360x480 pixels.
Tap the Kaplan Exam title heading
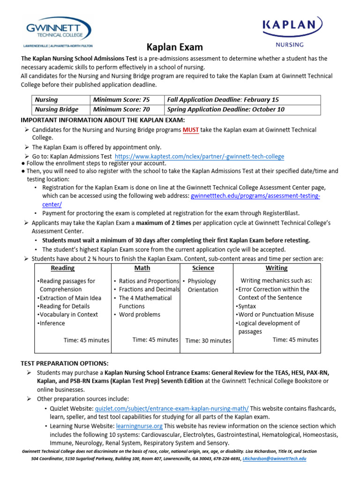(x=175, y=47)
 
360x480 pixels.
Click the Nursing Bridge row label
(x=57, y=110)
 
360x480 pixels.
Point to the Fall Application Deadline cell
(x=223, y=100)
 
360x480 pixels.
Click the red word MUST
(x=191, y=130)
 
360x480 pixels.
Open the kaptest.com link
(x=199, y=156)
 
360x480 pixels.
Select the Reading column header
(x=62, y=268)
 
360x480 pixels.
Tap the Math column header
(x=142, y=268)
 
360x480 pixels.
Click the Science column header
(x=203, y=268)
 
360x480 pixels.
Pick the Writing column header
(x=277, y=268)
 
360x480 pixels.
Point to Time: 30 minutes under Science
(x=208, y=341)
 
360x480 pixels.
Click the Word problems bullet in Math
(x=139, y=315)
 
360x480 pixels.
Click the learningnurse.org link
(x=139, y=426)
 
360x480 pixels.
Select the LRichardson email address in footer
(x=274, y=458)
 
